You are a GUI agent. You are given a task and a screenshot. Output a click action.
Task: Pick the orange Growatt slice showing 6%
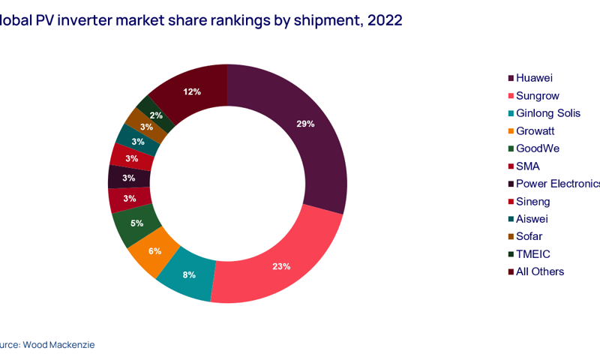[154, 250]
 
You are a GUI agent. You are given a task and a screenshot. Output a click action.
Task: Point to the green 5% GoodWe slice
[136, 223]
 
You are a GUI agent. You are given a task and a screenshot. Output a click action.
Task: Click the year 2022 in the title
[385, 20]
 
